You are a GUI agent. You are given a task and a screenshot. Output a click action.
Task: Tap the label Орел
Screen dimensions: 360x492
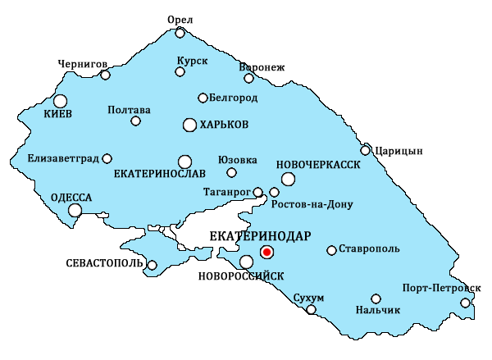180,19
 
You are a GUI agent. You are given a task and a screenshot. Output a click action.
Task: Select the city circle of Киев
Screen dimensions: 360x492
60,101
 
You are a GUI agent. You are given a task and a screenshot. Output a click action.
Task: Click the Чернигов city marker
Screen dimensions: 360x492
105,75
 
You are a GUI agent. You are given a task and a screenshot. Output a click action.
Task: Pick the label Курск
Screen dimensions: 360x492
193,61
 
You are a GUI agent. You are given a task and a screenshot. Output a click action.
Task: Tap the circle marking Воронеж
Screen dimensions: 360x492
249,79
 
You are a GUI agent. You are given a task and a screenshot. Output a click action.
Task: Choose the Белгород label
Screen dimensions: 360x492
235,98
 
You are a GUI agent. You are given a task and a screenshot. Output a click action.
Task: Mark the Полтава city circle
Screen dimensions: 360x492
136,121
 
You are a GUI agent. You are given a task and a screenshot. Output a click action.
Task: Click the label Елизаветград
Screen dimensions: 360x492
62,158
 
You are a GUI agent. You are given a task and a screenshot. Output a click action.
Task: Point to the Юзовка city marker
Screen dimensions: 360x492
231,172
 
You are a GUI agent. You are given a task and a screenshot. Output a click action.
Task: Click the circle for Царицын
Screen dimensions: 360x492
366,150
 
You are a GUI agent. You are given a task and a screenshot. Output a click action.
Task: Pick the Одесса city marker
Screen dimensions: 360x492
75,211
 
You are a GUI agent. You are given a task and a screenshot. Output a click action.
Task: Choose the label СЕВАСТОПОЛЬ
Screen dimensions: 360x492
104,264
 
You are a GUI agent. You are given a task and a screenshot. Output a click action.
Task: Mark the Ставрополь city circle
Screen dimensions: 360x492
331,250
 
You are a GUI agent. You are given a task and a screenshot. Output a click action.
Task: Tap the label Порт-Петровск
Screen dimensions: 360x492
442,288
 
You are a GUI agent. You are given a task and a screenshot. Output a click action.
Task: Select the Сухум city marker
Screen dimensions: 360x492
311,309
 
